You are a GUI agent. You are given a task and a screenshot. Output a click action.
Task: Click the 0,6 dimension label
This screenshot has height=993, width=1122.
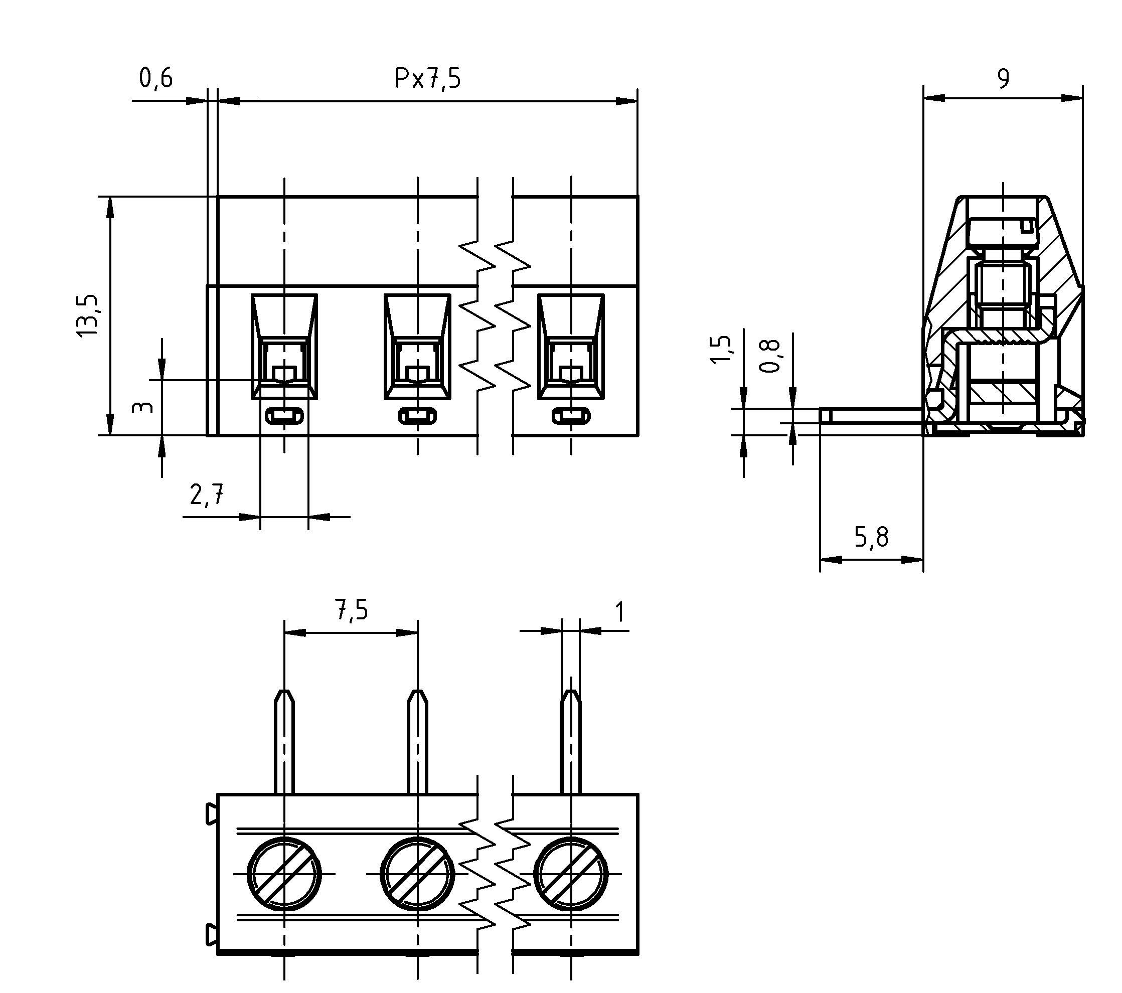tap(156, 78)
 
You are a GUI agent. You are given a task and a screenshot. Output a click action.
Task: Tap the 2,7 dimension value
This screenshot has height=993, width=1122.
tap(207, 495)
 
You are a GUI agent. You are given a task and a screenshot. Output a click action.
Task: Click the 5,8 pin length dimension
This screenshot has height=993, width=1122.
tap(871, 538)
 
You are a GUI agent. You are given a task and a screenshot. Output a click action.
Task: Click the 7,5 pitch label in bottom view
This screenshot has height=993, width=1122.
tap(351, 610)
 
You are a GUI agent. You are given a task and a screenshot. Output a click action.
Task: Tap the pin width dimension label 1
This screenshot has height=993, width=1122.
tap(620, 612)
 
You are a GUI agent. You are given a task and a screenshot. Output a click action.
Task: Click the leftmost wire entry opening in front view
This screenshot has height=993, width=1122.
tap(284, 347)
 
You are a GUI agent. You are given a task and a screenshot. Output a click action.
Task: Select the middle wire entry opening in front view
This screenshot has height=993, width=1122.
tap(417, 347)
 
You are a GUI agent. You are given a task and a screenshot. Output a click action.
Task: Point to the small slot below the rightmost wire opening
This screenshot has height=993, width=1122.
tap(571, 416)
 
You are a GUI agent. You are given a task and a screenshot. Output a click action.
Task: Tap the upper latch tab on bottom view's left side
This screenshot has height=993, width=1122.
tap(211, 813)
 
